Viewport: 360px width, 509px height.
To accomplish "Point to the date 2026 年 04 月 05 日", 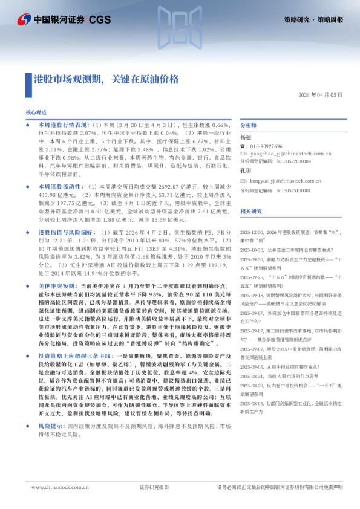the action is click(321, 96).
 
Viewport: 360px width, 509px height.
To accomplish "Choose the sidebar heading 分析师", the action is click(249, 125).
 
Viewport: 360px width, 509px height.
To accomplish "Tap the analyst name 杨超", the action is click(246, 137).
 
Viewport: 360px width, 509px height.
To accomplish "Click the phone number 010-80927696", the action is click(266, 146).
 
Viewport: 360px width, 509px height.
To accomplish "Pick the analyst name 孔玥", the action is click(246, 171).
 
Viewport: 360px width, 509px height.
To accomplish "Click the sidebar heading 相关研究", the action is click(250, 211).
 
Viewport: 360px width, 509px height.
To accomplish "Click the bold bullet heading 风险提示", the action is click(51, 443).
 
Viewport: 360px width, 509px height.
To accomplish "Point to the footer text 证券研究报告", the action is click(153, 487).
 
